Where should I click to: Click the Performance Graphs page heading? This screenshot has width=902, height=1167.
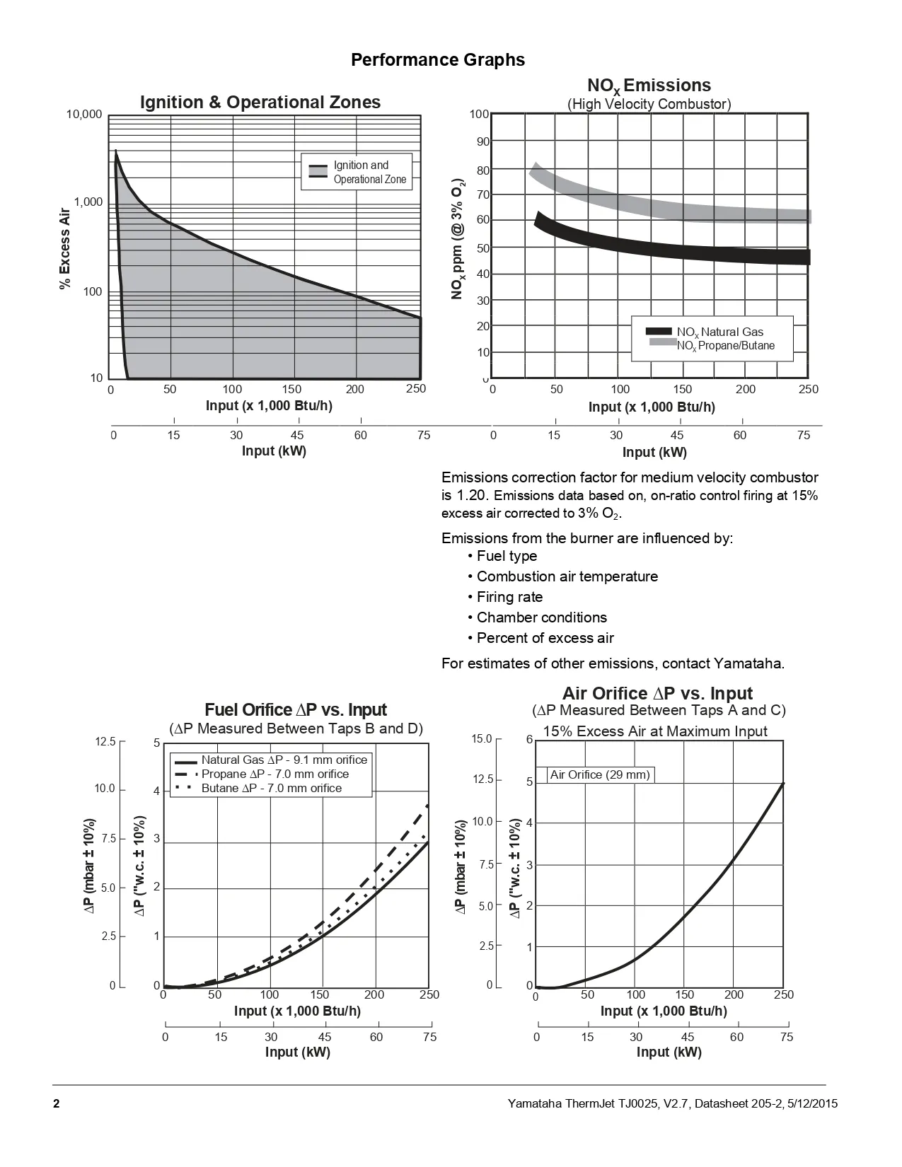point(438,59)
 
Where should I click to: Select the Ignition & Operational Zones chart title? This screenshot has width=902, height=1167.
point(260,103)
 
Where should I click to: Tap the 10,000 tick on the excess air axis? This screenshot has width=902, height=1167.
point(84,115)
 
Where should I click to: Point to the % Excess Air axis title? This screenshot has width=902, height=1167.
point(65,248)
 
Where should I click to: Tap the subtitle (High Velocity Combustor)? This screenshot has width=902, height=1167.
point(649,104)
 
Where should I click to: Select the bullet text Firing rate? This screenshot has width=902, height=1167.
point(509,597)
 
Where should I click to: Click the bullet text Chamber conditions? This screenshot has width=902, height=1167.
point(541,617)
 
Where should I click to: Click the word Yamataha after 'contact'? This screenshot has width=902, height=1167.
point(748,663)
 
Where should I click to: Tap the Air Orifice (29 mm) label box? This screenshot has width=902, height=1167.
point(600,774)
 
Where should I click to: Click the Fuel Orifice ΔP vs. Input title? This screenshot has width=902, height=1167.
point(296,710)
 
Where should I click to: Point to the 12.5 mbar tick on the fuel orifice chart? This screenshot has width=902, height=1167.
point(105,741)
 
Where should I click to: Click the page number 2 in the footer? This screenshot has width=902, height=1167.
point(56,1103)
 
